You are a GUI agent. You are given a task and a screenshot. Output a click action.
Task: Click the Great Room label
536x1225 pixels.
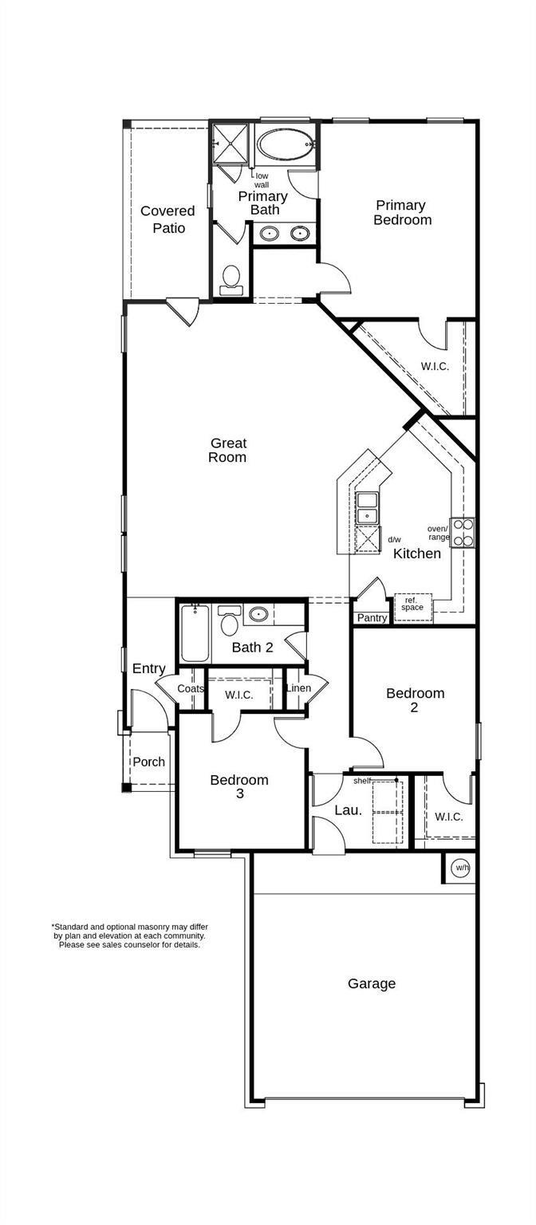tap(227, 450)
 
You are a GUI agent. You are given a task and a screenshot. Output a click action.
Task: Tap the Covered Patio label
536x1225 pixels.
tap(167, 219)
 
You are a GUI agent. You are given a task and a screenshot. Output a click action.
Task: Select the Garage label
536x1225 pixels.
tap(371, 983)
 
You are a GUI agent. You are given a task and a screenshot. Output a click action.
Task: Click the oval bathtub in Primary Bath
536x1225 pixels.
tap(285, 145)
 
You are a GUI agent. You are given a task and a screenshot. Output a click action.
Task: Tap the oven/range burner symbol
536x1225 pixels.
tap(463, 532)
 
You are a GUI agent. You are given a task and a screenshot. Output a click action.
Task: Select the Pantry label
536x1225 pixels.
tap(372, 618)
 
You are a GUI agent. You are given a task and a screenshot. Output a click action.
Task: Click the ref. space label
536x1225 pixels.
tap(412, 604)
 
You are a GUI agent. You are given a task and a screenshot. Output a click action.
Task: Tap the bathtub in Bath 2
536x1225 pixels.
tap(195, 635)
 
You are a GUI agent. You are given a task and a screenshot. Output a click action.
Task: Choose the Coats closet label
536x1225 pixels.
tap(191, 689)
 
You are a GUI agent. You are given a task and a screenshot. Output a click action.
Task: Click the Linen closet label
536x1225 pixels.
tap(298, 688)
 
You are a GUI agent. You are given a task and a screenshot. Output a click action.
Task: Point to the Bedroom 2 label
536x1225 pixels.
tap(415, 699)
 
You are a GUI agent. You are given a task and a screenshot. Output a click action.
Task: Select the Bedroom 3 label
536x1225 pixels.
tap(238, 786)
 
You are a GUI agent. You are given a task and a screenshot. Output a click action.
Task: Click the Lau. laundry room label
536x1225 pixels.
tap(348, 810)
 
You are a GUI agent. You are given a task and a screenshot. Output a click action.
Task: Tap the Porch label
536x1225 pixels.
tap(148, 762)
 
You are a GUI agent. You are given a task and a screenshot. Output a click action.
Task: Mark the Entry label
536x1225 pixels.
tap(148, 668)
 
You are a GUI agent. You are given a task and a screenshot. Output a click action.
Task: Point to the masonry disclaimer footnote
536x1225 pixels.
tap(130, 935)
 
